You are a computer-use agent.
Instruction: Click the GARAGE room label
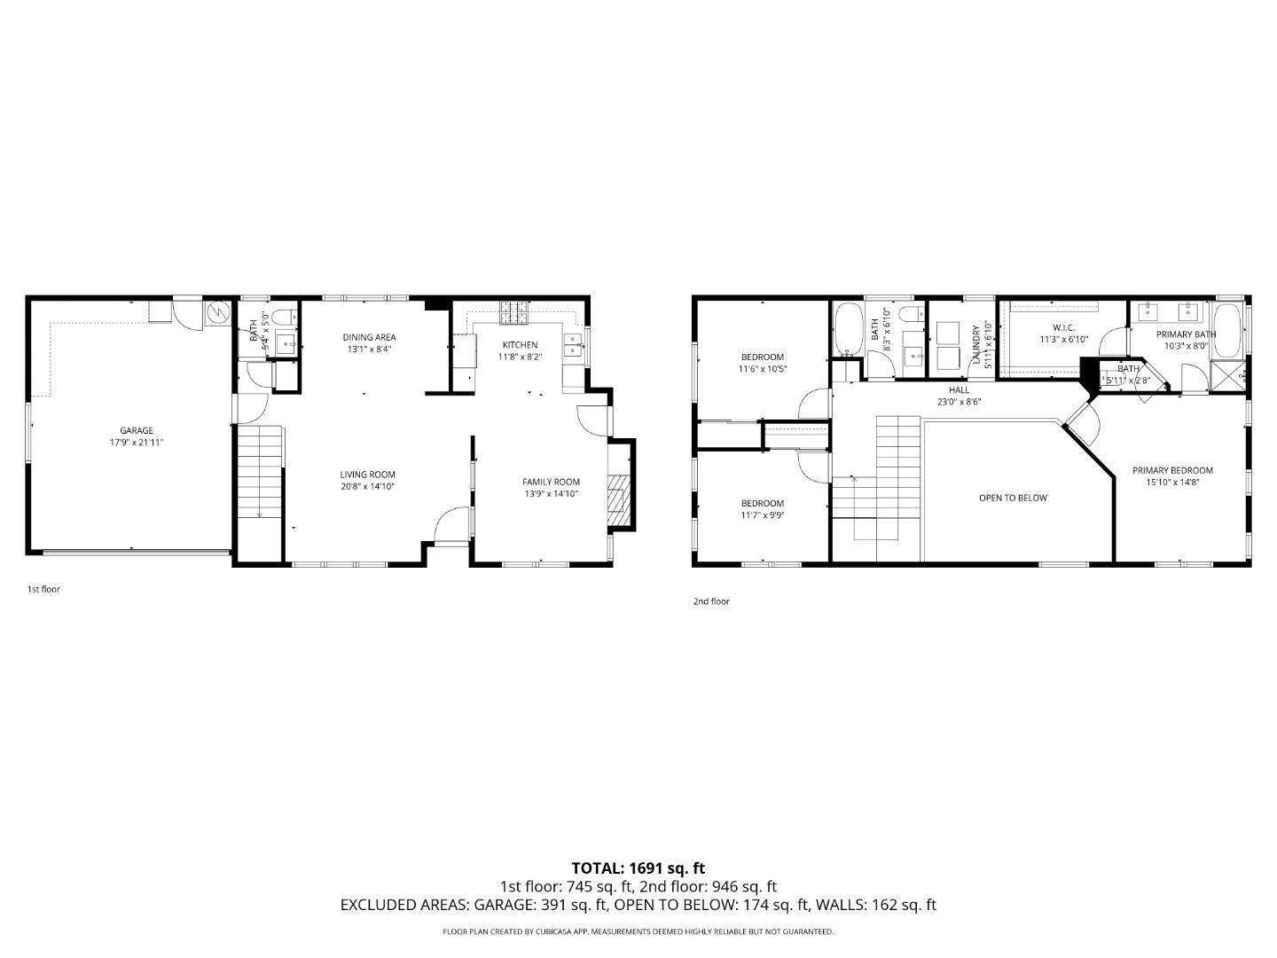point(137,430)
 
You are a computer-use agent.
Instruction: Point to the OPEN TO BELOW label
point(1013,498)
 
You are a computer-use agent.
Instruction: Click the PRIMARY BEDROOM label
point(1172,470)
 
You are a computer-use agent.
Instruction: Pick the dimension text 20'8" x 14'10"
point(367,486)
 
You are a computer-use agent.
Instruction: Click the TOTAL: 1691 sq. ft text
point(638,868)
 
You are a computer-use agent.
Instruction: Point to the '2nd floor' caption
point(711,601)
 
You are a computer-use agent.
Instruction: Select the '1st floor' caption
point(43,589)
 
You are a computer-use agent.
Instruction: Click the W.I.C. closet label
point(1063,327)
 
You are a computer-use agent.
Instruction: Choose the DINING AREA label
point(369,337)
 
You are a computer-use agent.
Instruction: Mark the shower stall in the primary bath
point(1228,375)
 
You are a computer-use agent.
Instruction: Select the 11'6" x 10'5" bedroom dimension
point(763,368)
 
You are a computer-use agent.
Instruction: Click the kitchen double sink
point(573,344)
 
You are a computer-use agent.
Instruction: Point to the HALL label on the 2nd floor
point(959,389)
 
